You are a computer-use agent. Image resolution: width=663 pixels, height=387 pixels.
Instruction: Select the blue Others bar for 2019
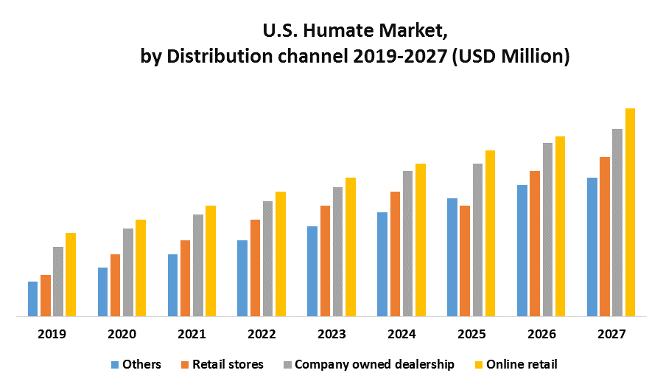(x=32, y=299)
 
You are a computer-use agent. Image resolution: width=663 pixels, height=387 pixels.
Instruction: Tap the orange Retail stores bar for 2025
(x=464, y=261)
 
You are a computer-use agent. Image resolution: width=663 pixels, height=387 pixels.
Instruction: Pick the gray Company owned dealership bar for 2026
(x=547, y=229)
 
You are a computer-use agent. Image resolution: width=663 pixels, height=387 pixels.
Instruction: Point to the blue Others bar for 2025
(x=452, y=257)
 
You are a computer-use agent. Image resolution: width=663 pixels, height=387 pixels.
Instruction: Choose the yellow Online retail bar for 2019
(x=71, y=274)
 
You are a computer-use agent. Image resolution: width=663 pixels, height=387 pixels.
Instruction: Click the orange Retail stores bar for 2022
(x=255, y=268)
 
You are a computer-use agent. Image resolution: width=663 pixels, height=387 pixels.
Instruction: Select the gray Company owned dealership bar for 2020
(x=128, y=272)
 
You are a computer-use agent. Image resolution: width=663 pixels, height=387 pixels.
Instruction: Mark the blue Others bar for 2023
(x=312, y=271)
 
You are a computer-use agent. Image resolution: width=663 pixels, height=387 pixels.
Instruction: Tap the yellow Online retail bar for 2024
(x=421, y=240)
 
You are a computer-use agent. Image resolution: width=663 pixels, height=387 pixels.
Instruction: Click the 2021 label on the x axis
(x=192, y=334)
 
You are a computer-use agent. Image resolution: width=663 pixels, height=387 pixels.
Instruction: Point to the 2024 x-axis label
(x=401, y=334)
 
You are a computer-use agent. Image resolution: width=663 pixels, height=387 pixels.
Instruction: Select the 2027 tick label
(x=611, y=334)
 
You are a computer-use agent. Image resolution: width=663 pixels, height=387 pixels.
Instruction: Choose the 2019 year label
(x=52, y=334)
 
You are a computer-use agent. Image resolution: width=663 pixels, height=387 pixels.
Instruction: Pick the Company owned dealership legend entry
(x=368, y=364)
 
